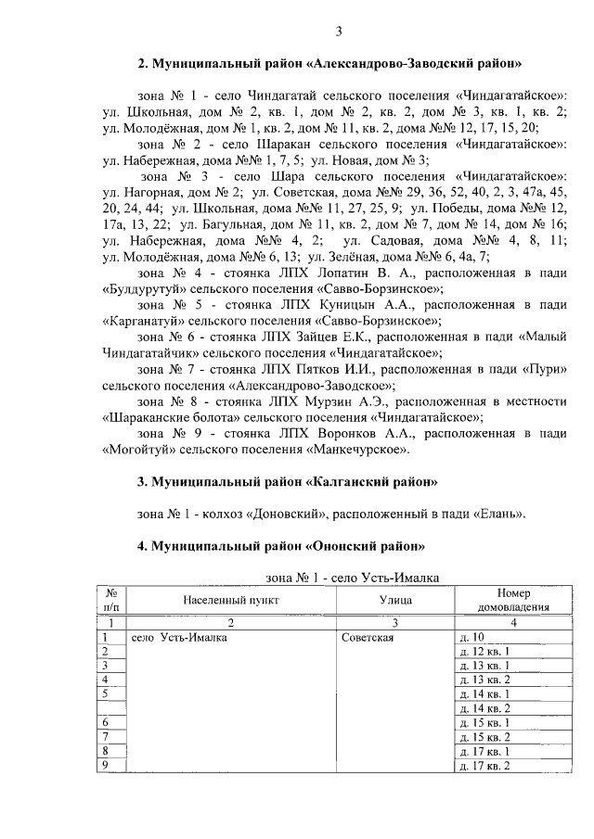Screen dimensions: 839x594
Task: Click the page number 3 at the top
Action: tap(340, 34)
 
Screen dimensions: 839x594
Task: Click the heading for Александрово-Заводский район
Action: tap(330, 65)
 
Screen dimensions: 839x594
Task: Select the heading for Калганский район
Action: tap(287, 483)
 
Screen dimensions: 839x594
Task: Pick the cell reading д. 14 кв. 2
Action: tap(484, 707)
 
